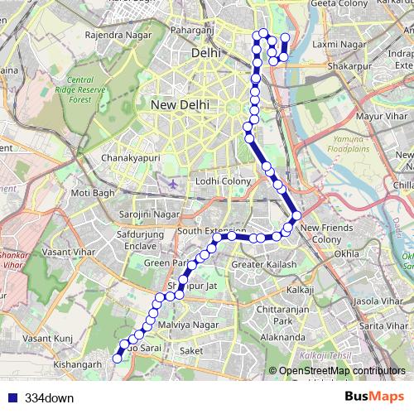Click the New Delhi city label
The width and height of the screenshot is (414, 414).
coord(180,105)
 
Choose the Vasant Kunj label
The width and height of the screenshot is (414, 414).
coord(49,338)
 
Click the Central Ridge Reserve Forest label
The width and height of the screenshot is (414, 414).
coord(90,89)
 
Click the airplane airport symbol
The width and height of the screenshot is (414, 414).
coord(171,182)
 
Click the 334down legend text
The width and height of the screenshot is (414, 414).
coord(49,397)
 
